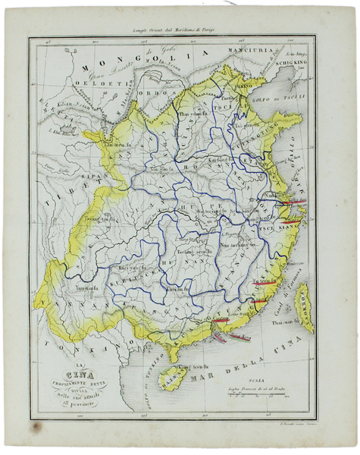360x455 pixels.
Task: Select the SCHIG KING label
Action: [296, 64]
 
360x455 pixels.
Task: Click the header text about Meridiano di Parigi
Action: [174, 29]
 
